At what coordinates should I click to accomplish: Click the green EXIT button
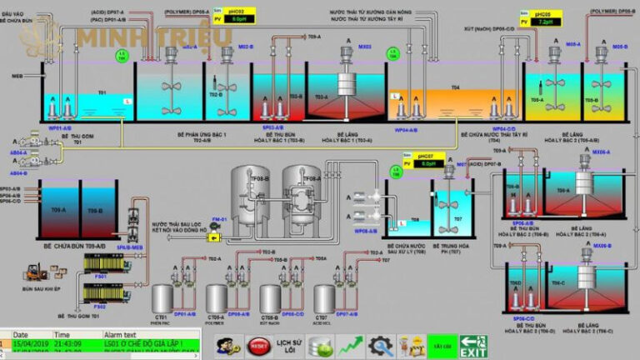coord(473,346)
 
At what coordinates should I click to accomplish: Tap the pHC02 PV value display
coord(239,18)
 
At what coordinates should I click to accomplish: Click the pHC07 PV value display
coord(428,164)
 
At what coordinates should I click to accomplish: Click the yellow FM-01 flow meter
coord(215,236)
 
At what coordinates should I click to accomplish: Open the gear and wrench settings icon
coord(381,345)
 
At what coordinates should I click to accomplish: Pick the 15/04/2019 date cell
coord(31,343)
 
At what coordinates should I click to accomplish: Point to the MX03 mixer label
coord(364,47)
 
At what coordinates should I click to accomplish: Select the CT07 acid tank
coord(322,298)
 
